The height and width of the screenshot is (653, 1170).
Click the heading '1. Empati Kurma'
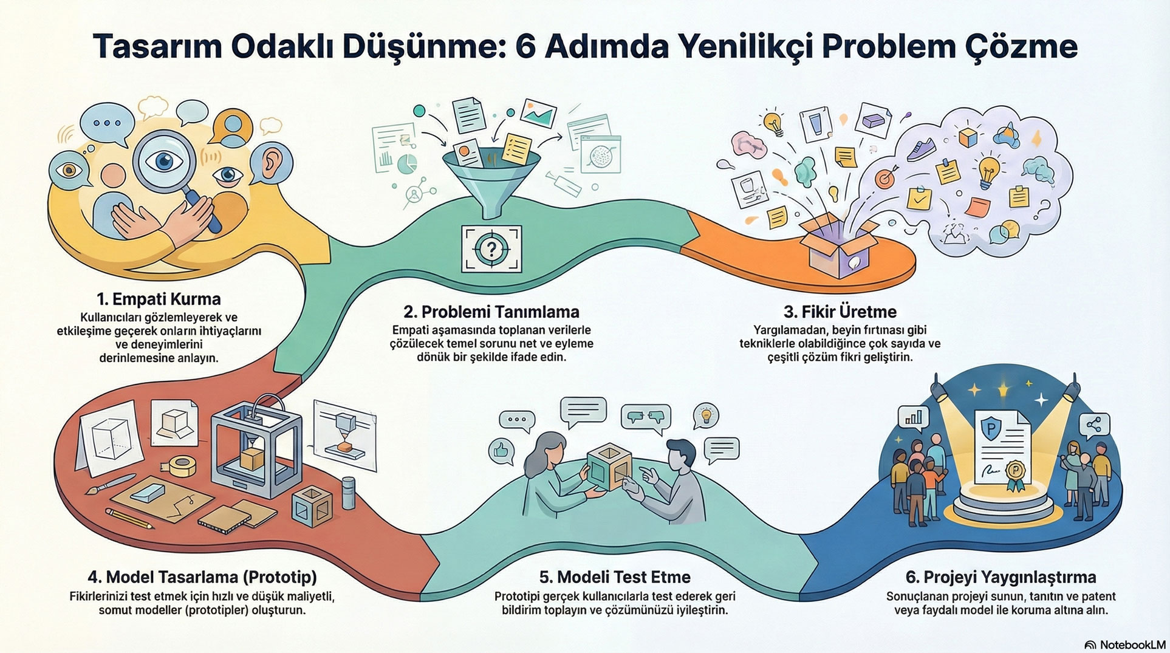[x=159, y=299]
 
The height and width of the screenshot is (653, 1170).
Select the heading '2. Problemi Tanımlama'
[x=491, y=312]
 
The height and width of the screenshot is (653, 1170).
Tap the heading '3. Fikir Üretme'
[x=840, y=312]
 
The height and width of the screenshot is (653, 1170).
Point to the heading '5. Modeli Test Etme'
[x=614, y=576]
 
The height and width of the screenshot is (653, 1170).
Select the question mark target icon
[x=491, y=248]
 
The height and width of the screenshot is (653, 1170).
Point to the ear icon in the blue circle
[x=271, y=165]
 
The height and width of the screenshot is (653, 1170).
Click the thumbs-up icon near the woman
[x=501, y=451]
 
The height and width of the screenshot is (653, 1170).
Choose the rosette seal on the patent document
[x=1015, y=474]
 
